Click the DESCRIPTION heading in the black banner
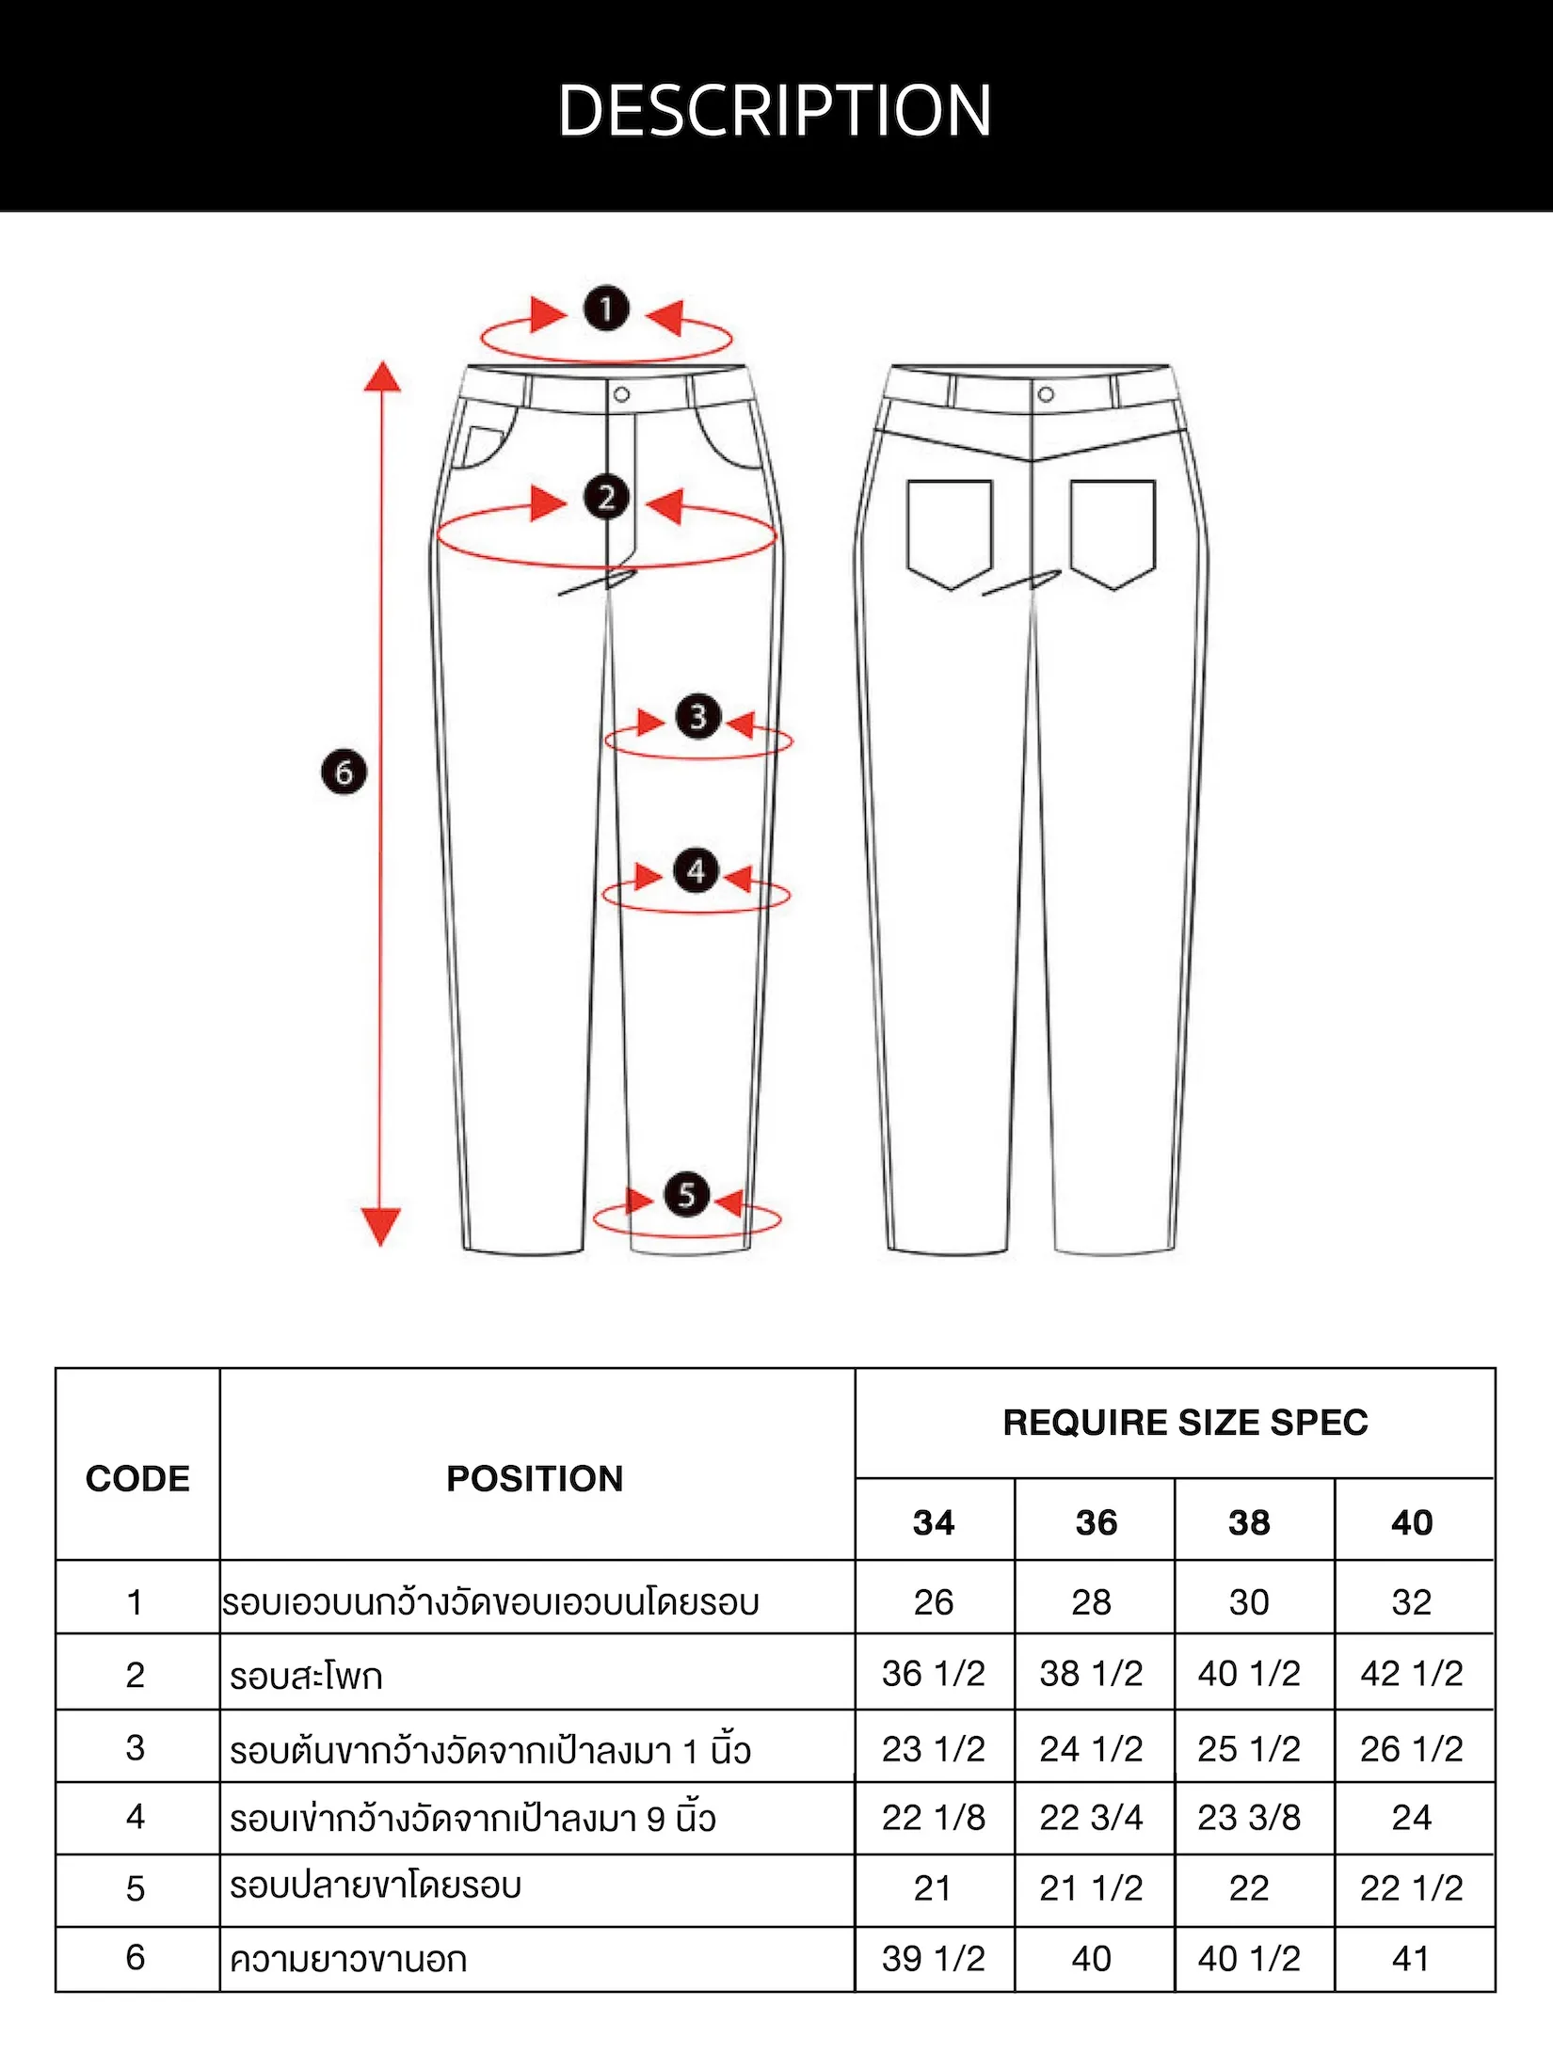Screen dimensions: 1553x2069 [x=775, y=111]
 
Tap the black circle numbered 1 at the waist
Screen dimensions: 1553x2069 [x=606, y=308]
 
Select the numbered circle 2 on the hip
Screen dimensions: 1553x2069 [x=606, y=497]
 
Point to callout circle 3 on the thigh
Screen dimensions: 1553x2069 [x=697, y=717]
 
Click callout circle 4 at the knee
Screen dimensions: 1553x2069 [x=696, y=870]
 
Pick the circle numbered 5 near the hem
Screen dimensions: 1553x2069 [x=686, y=1195]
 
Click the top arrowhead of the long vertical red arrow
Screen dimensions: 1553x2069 [x=382, y=375]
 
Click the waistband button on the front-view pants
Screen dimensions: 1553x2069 [x=621, y=394]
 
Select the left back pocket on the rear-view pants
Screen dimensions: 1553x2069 [x=950, y=533]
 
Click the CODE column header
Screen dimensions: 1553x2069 [x=137, y=1479]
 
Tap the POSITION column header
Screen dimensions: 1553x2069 [x=535, y=1479]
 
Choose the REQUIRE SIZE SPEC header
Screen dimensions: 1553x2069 [x=1185, y=1423]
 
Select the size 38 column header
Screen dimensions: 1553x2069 [x=1249, y=1522]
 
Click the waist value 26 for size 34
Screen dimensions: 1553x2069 [x=934, y=1602]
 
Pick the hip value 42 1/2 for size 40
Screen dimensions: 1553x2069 [x=1412, y=1674]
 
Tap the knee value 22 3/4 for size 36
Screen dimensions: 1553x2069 [x=1091, y=1818]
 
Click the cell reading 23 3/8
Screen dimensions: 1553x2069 [x=1249, y=1818]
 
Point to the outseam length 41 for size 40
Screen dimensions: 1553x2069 [x=1411, y=1960]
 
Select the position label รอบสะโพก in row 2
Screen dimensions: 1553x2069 [x=306, y=1676]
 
